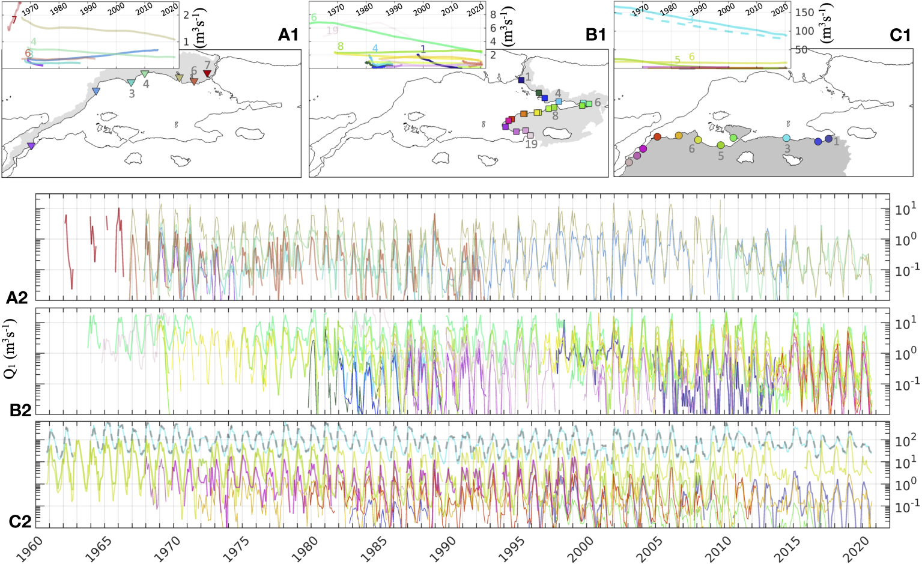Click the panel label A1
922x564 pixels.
(288, 35)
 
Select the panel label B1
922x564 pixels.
(596, 35)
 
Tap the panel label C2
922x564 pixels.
(20, 521)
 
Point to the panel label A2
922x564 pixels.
(17, 297)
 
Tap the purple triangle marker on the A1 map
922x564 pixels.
(31, 146)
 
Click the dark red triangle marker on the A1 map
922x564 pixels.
(207, 73)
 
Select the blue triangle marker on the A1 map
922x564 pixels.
(96, 91)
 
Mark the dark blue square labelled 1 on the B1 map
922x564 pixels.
(521, 79)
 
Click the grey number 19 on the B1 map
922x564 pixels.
(531, 145)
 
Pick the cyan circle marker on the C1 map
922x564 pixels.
(786, 138)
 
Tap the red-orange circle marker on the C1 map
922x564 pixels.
(657, 137)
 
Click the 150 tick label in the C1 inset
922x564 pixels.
(805, 13)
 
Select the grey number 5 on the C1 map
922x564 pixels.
(721, 156)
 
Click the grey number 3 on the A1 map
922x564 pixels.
(132, 94)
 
